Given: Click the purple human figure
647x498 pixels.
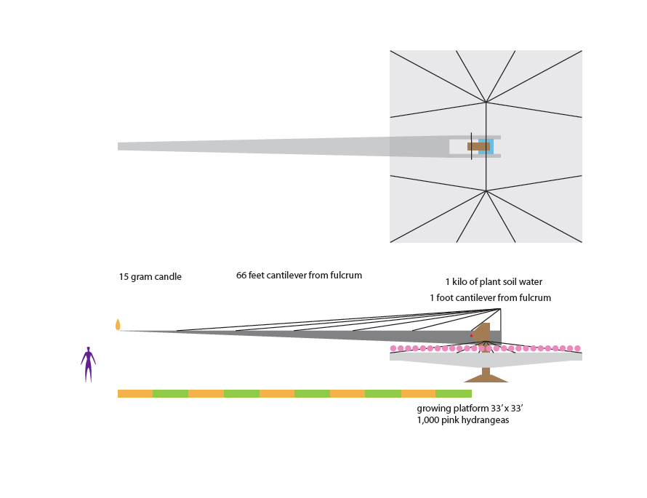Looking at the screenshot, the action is [88, 365].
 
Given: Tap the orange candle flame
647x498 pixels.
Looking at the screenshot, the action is [118, 325].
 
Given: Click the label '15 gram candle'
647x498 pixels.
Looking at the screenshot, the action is [150, 277].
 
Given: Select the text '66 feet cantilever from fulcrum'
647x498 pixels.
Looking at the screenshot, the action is [300, 276].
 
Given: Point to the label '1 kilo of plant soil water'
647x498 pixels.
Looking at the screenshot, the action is [494, 282].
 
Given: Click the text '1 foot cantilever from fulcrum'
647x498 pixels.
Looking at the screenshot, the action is [490, 297].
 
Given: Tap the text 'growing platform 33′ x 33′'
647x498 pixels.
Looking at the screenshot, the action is [470, 409].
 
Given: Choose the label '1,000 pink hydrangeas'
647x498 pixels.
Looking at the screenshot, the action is [463, 420].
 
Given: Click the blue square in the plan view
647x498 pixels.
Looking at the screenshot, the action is [486, 146].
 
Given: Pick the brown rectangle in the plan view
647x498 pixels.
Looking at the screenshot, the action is [478, 146].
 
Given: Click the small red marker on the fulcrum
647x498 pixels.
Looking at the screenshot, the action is [471, 335].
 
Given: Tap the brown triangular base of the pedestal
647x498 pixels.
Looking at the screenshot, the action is [486, 378].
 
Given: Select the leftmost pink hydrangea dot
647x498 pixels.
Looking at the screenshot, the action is [393, 349].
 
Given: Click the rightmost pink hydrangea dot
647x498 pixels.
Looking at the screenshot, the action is [577, 349].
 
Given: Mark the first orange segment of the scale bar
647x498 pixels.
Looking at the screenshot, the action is [135, 393].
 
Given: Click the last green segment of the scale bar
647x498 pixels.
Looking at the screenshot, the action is [454, 393].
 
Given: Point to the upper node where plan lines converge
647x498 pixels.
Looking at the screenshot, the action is [486, 103].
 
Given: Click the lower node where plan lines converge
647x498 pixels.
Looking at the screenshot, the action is [486, 190].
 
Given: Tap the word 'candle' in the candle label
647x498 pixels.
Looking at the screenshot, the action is [169, 277].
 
